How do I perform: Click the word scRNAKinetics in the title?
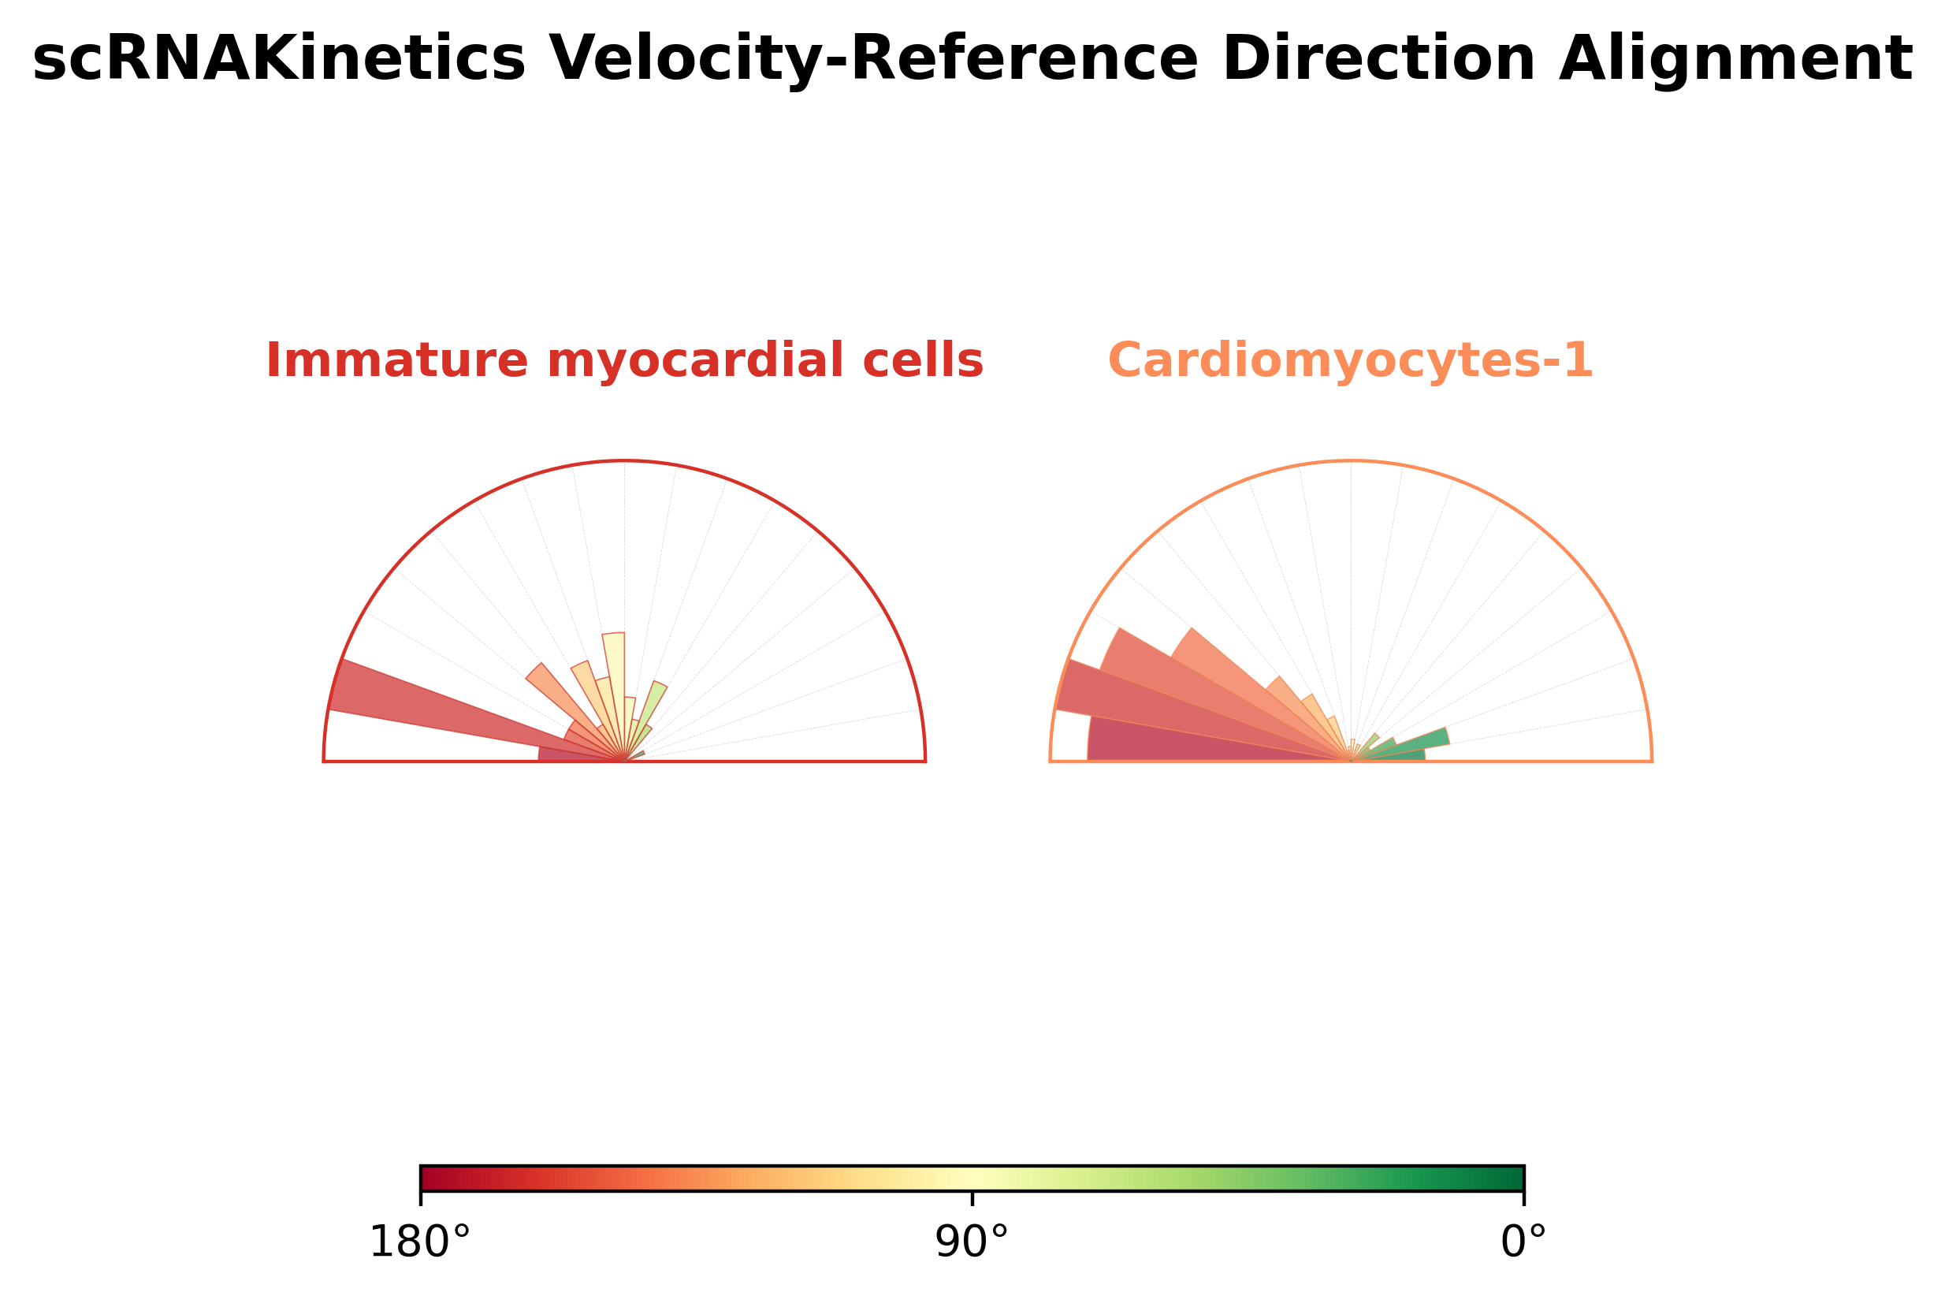coord(278,59)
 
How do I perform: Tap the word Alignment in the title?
coord(1735,59)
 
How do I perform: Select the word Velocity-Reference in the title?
coord(873,59)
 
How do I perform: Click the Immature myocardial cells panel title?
coord(624,361)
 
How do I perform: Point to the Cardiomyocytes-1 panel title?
coord(1350,361)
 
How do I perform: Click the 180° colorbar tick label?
coord(420,1243)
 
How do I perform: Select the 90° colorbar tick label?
coord(972,1243)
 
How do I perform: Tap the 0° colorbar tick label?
coord(1523,1243)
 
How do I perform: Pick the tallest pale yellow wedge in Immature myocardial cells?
coord(615,678)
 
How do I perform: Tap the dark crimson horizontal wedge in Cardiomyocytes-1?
coord(1198,744)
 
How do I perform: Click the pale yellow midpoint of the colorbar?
coord(972,1178)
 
